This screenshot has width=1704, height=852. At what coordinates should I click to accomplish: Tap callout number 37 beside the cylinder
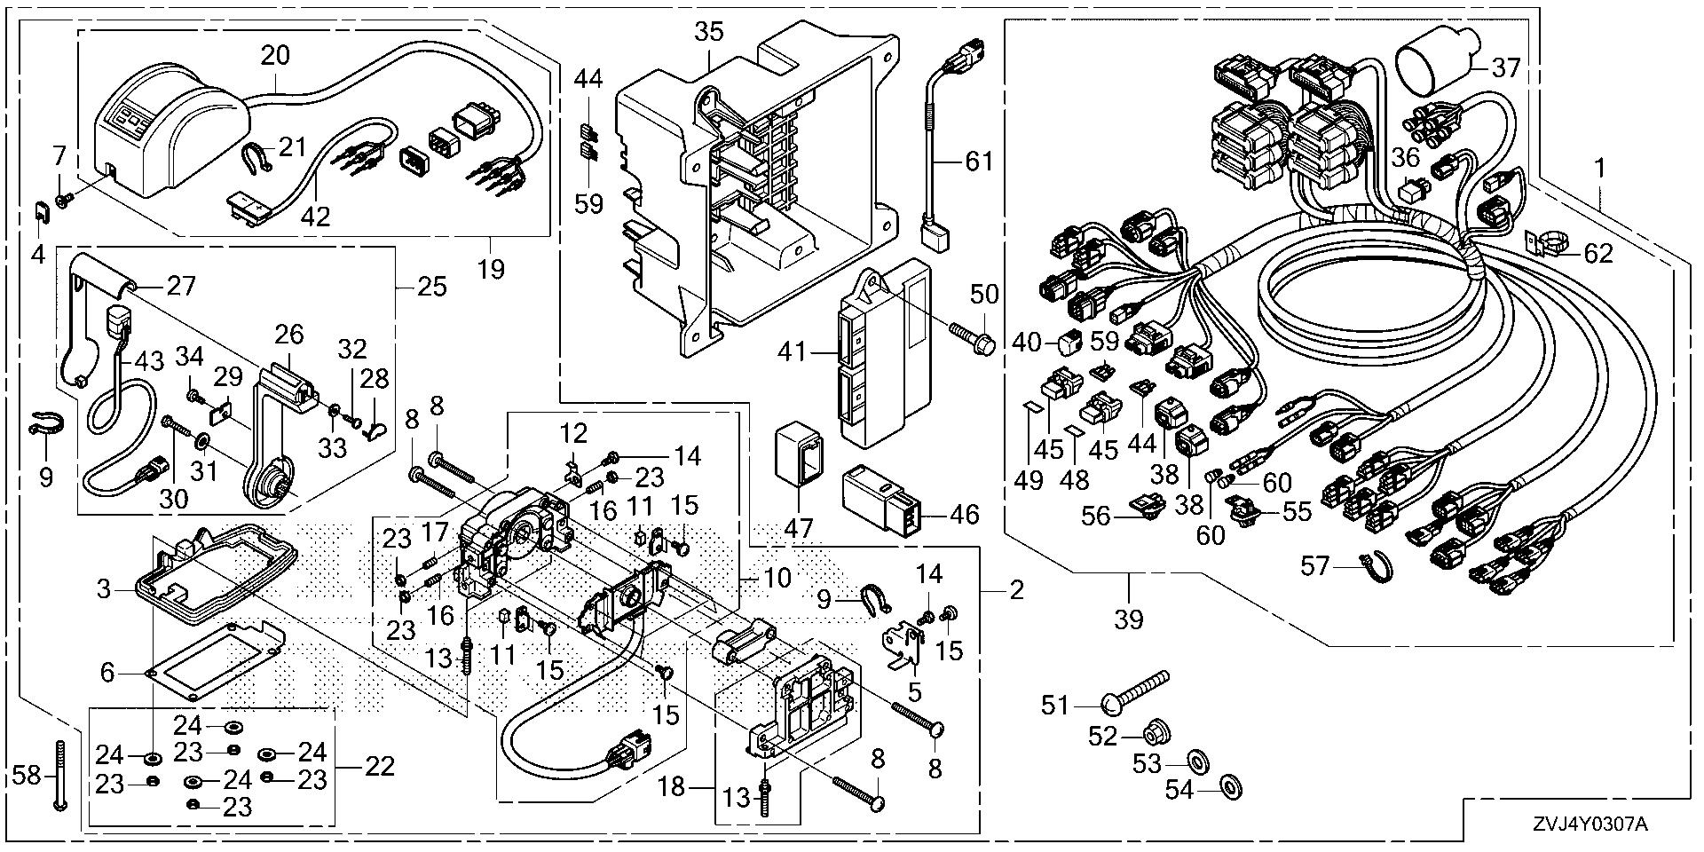(1506, 67)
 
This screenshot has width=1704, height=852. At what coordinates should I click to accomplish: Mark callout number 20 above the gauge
(275, 55)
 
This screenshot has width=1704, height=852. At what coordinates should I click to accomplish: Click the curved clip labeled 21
(257, 158)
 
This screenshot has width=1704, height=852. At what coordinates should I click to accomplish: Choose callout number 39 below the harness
(1129, 619)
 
